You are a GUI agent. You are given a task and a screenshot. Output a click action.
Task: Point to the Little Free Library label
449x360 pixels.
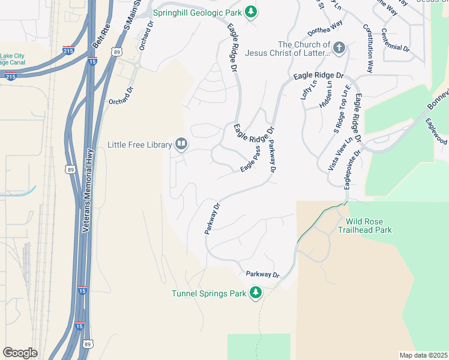(139, 144)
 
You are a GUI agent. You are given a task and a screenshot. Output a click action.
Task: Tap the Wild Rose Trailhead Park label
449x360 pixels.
(364, 226)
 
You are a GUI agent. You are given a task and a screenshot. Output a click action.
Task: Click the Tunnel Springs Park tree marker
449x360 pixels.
(256, 293)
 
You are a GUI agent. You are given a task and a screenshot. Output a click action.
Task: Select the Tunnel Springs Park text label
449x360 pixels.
(209, 293)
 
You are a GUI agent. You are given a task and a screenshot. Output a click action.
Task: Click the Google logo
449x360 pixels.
(20, 353)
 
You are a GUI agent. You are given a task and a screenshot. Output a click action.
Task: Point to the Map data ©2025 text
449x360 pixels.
(423, 355)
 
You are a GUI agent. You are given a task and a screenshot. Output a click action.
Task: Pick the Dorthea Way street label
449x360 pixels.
(325, 27)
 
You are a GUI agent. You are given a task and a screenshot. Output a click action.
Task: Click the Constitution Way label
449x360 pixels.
(368, 49)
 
